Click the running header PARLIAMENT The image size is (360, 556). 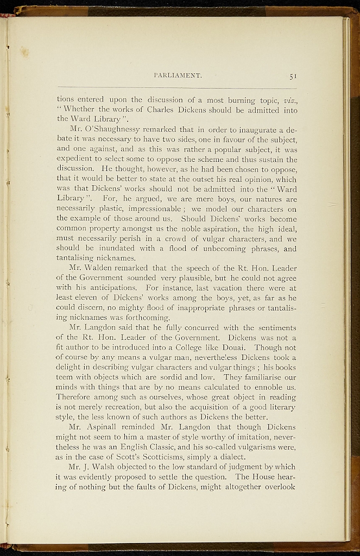[x=178, y=75]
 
